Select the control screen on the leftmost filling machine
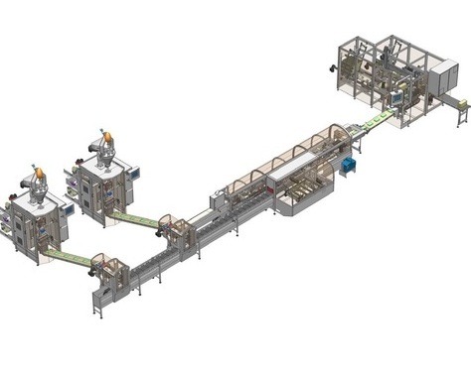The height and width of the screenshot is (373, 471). [69, 209]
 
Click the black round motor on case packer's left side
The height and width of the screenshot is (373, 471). [332, 68]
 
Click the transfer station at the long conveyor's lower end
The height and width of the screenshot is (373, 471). [108, 279]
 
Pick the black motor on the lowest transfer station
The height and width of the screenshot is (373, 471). [95, 269]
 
